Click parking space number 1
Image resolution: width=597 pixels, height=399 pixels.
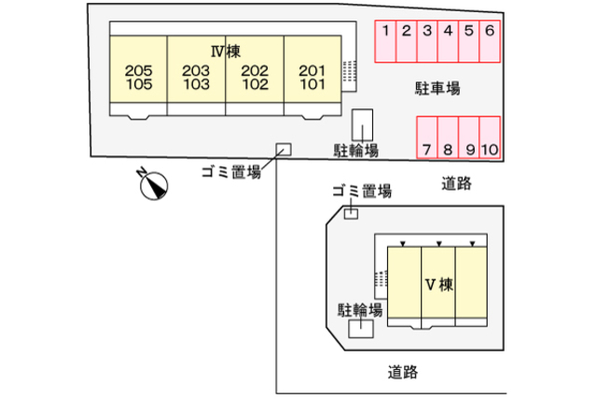pos(385,41)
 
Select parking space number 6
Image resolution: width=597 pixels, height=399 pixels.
pos(490,41)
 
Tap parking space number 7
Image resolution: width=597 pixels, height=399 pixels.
pos(427,137)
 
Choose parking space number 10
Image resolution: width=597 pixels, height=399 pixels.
pos(490,137)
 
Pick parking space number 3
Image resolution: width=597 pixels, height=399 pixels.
pos(427,41)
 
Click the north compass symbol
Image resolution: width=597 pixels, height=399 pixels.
pos(153,184)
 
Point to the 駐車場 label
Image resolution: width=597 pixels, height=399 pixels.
pos(437,88)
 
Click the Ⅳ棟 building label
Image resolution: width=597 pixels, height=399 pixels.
pos(226,51)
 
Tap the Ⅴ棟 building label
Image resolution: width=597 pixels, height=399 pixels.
pos(439,285)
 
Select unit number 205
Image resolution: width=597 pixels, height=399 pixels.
pos(139,71)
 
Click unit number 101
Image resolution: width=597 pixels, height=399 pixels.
pos(312,84)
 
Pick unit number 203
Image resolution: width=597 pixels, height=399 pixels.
pos(196,71)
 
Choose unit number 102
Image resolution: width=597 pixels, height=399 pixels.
pos(255,84)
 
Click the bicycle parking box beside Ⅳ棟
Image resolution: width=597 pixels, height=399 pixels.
pos(362,125)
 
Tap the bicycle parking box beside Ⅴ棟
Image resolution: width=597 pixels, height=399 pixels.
pos(361,329)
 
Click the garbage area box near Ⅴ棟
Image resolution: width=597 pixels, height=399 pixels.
pos(351,214)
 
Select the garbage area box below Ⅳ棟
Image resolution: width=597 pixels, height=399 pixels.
pos(284,150)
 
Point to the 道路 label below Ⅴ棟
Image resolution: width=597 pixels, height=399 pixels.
pos(403,372)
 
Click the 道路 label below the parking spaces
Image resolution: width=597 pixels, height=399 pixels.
pos(456,183)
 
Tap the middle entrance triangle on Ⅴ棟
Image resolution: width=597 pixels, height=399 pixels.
pos(439,244)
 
